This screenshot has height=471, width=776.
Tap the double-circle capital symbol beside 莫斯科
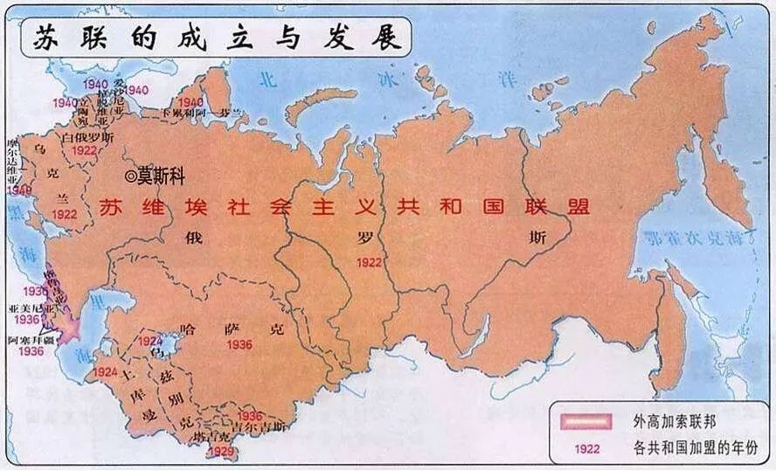pyautogui.click(x=131, y=176)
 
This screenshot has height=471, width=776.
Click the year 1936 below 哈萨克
pyautogui.click(x=239, y=345)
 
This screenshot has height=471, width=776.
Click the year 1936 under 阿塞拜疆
pyautogui.click(x=29, y=351)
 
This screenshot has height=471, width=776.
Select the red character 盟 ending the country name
pyautogui.click(x=577, y=206)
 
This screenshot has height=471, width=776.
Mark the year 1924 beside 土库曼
pyautogui.click(x=105, y=372)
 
